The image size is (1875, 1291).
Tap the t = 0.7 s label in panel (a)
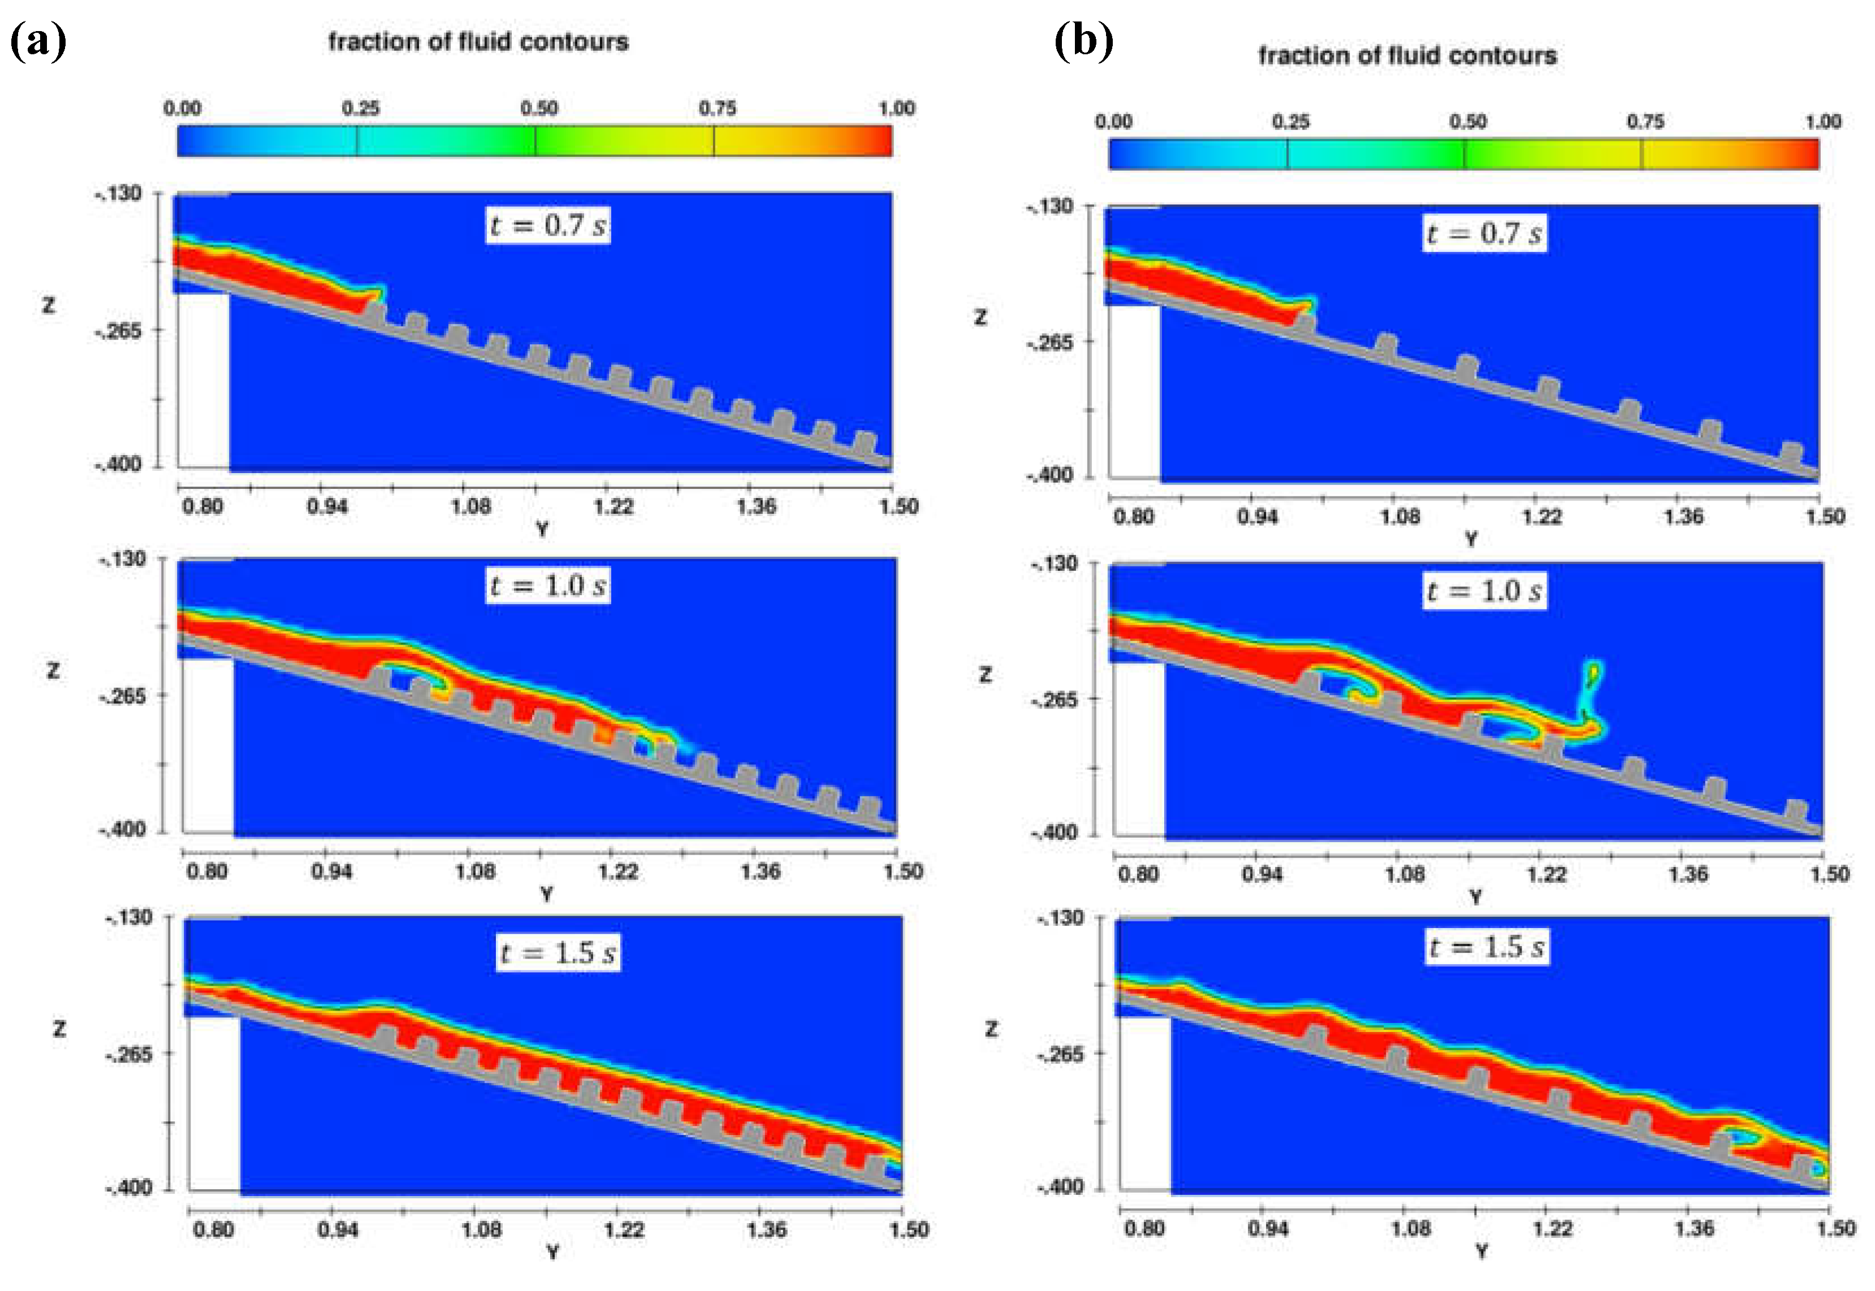click(x=548, y=225)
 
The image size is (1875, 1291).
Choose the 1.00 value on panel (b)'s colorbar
click(x=1822, y=122)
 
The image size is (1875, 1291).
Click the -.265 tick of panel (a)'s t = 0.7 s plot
click(x=118, y=330)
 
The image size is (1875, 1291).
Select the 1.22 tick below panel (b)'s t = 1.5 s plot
click(x=1552, y=1228)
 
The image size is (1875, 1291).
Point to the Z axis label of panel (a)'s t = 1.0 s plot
click(x=53, y=670)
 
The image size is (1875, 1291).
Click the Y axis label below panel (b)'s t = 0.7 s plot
click(x=1470, y=538)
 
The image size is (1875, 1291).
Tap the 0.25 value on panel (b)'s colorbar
click(x=1290, y=122)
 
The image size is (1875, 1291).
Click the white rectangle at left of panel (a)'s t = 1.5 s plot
click(x=214, y=1104)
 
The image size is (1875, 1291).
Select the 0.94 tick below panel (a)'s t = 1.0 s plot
click(x=331, y=871)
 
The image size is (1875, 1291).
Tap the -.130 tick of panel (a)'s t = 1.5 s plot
click(x=129, y=917)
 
